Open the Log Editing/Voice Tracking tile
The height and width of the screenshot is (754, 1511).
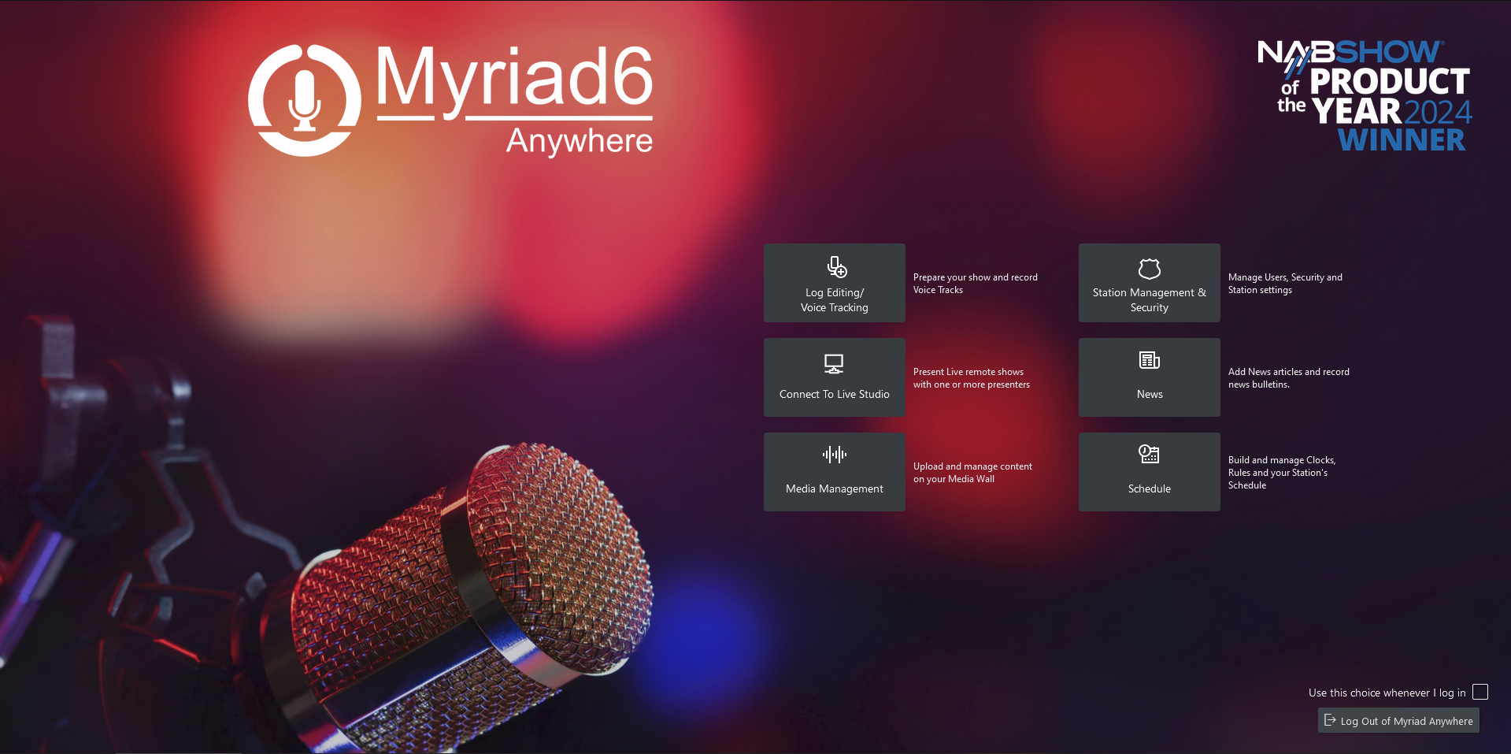click(x=834, y=283)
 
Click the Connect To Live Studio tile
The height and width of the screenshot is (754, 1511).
click(x=834, y=377)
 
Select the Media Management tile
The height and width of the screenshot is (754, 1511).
click(x=834, y=472)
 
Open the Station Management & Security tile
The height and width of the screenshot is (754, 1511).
click(x=1149, y=283)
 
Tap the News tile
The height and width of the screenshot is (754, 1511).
click(x=1149, y=377)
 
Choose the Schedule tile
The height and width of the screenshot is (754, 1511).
click(x=1149, y=472)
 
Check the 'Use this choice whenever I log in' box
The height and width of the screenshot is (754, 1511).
click(x=1480, y=692)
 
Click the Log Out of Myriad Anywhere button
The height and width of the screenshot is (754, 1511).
click(x=1398, y=720)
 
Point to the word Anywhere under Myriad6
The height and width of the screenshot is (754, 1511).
click(x=580, y=141)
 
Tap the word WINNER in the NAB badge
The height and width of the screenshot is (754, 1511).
click(x=1402, y=139)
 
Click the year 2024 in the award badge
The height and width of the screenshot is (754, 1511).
click(x=1438, y=112)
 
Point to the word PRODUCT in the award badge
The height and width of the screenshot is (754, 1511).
click(x=1390, y=81)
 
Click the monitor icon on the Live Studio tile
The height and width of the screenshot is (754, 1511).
click(x=834, y=364)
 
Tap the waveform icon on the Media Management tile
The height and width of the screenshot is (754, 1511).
click(x=835, y=455)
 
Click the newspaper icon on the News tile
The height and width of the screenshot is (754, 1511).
click(x=1150, y=361)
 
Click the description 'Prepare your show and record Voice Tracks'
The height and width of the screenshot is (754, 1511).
click(x=976, y=284)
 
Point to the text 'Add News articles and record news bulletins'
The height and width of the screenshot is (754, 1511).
click(x=1289, y=378)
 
